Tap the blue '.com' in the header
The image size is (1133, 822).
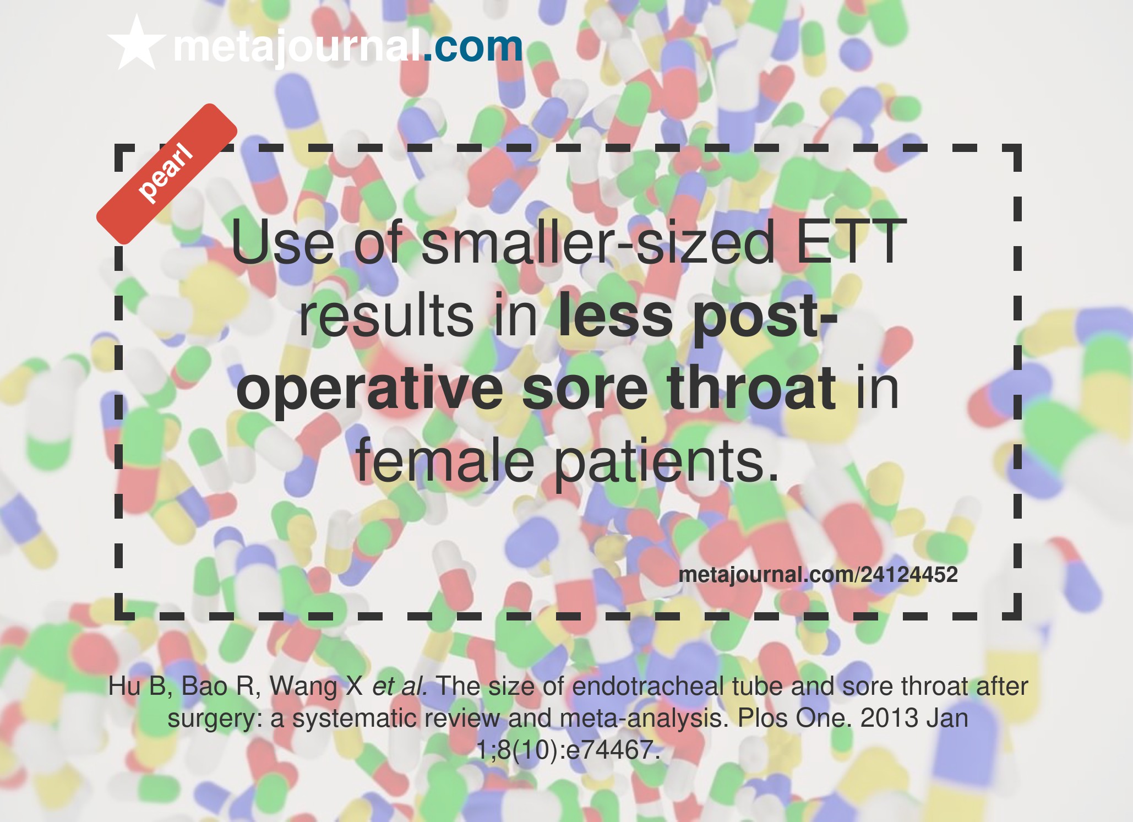[x=473, y=46]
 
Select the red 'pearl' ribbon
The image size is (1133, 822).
[x=167, y=174]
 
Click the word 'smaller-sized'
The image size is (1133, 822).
[x=598, y=242]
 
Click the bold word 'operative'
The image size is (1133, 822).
[x=369, y=389]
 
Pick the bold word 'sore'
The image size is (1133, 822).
[x=585, y=389]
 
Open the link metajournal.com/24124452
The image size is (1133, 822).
[x=818, y=575]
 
